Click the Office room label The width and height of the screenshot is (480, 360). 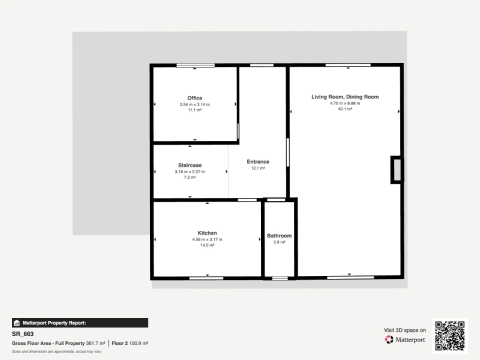[x=194, y=98]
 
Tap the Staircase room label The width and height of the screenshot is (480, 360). [x=190, y=165]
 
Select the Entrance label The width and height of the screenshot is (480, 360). [x=258, y=161]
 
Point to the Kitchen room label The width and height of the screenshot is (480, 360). [x=207, y=233]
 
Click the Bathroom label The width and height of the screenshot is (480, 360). [x=279, y=235]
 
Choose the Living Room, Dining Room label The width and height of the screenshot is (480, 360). [x=345, y=96]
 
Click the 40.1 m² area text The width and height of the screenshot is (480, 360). [x=345, y=109]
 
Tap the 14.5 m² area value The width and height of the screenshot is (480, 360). [x=207, y=245]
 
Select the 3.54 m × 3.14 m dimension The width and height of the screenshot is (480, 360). [x=194, y=104]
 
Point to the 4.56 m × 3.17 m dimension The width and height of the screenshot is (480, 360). [x=207, y=239]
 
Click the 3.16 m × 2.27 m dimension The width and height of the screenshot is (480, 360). [x=190, y=171]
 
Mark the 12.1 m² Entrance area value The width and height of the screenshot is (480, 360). [x=258, y=168]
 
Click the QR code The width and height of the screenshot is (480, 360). [x=450, y=336]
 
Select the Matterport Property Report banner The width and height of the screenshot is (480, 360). [x=80, y=323]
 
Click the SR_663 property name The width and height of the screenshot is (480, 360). [x=22, y=334]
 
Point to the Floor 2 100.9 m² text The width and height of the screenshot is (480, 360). [x=130, y=343]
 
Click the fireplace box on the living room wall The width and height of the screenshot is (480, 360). [x=397, y=170]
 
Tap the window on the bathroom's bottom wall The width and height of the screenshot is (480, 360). [x=280, y=278]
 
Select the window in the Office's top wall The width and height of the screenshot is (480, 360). [x=195, y=65]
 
